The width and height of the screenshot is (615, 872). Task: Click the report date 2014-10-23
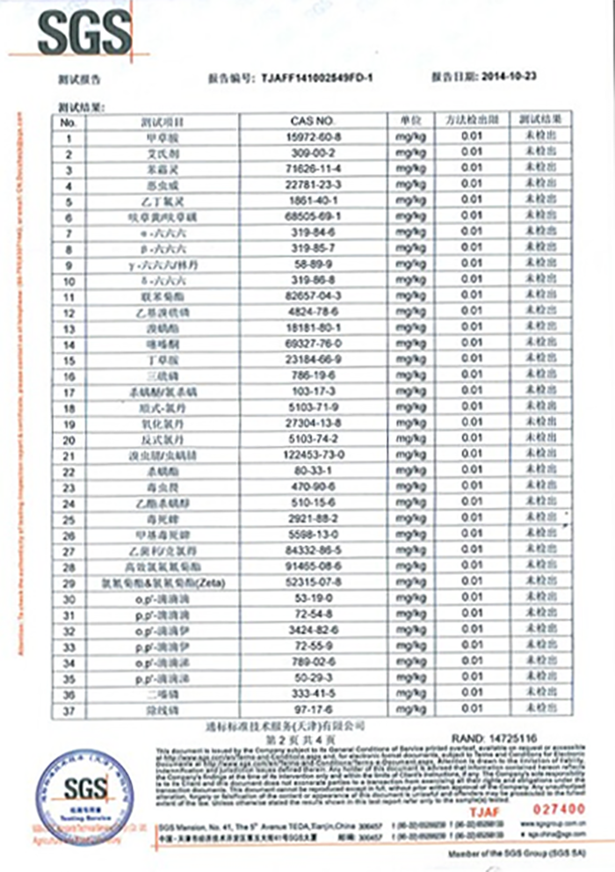(x=510, y=76)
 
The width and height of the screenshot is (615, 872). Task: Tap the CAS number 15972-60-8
(x=313, y=136)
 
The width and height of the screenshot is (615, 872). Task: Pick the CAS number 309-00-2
(x=313, y=152)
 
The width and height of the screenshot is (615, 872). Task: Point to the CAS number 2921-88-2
(x=313, y=519)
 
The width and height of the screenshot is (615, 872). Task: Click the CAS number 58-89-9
(x=313, y=264)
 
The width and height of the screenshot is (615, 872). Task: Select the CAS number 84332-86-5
(x=313, y=550)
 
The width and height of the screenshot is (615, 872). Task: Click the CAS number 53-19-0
(x=313, y=599)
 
